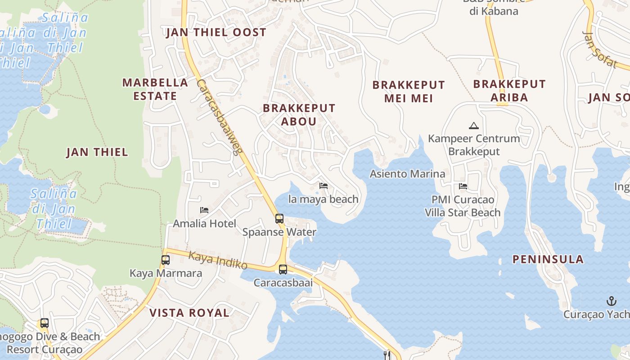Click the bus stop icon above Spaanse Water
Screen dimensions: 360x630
pyautogui.click(x=279, y=219)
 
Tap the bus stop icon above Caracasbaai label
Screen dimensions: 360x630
pyautogui.click(x=283, y=270)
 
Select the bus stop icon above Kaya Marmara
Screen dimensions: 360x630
pyautogui.click(x=166, y=260)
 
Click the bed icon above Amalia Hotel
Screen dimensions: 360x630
pyautogui.click(x=204, y=210)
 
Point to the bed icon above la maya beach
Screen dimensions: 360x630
pyautogui.click(x=324, y=186)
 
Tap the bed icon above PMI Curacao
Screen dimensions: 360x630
pyautogui.click(x=463, y=186)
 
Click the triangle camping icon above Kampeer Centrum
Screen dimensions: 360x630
pyautogui.click(x=473, y=126)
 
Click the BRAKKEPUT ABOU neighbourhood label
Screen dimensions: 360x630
pyautogui.click(x=299, y=115)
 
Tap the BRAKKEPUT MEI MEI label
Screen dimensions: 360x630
pyautogui.click(x=409, y=91)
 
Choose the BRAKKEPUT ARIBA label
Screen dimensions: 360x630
pyautogui.click(x=509, y=90)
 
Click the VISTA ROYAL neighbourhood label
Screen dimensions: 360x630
pyautogui.click(x=189, y=313)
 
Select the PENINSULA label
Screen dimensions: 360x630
pyautogui.click(x=548, y=259)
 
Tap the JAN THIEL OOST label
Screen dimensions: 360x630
pyautogui.click(x=216, y=32)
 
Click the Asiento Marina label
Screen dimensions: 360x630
pyautogui.click(x=407, y=174)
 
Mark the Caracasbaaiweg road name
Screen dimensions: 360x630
pyautogui.click(x=220, y=117)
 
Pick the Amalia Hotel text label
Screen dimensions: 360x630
pyautogui.click(x=205, y=224)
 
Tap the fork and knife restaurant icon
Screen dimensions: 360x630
pyautogui.click(x=387, y=355)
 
